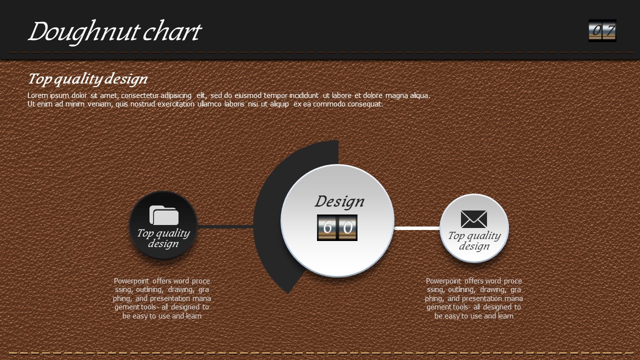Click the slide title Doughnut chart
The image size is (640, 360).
point(115,32)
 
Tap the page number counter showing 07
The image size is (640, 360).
point(602,30)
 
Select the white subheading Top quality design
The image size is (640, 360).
point(87,79)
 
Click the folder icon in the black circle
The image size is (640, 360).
point(164,215)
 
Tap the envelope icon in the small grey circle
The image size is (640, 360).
point(474,219)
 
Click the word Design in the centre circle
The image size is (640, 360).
point(339,201)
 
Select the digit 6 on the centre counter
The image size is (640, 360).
point(327,227)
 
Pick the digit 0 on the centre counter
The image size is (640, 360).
point(347,227)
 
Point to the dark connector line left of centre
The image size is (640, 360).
point(225,227)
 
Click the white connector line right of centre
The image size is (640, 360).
point(417,228)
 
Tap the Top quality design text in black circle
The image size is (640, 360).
point(163,238)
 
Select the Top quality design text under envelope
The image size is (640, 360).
point(474,240)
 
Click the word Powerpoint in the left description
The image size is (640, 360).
point(131,281)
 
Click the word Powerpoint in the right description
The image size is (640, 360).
point(443,281)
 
